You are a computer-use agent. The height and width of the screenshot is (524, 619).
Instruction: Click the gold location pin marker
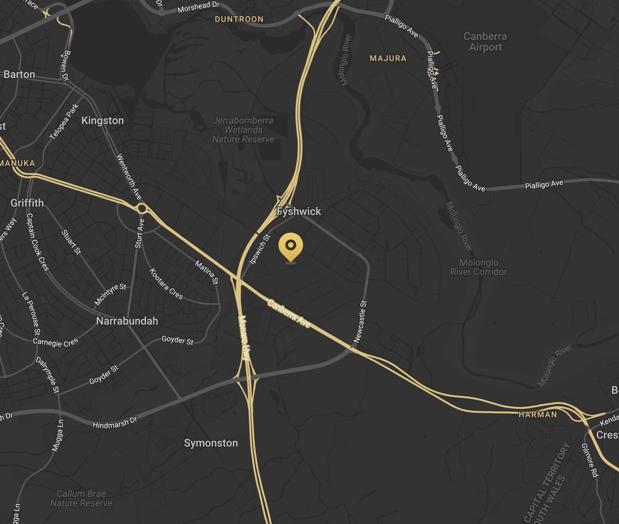pos(291,246)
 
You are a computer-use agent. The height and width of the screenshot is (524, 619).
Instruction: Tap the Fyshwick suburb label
pos(299,211)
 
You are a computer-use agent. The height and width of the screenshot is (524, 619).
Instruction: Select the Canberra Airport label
pos(485,41)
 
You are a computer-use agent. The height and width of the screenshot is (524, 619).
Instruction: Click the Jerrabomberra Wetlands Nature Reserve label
pos(243,130)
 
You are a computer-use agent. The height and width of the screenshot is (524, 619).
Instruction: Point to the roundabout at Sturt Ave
pos(142,209)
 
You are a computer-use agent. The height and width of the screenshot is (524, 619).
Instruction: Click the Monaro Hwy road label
pos(244,338)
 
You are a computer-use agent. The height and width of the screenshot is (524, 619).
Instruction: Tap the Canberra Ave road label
pos(289,314)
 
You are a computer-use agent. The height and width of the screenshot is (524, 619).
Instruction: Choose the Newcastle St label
pos(361,321)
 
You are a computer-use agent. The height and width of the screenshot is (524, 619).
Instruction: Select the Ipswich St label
pos(260,249)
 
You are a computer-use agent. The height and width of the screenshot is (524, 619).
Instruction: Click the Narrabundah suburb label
pos(127,321)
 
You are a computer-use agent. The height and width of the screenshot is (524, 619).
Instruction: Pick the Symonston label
pos(211,443)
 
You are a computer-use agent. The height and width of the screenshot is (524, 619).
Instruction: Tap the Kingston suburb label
pos(102,120)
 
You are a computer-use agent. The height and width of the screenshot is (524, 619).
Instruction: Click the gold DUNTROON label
pos(239,19)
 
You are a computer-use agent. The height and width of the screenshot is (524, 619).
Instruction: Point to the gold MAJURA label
pos(388,58)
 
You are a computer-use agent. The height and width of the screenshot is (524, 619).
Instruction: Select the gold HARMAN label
pos(538,414)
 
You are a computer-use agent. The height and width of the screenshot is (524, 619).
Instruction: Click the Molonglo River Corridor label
pos(479,267)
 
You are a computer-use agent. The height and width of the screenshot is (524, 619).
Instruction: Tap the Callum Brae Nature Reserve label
pos(81,498)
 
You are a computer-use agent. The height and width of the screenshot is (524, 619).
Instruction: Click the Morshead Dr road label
pos(198,7)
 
